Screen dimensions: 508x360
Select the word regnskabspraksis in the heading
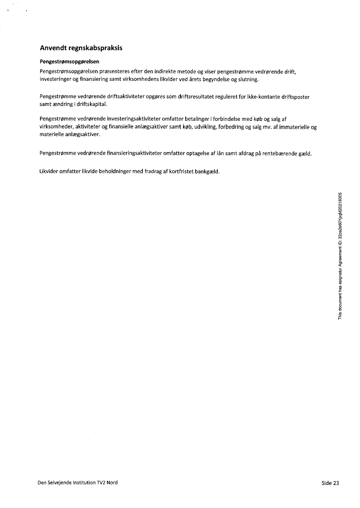(x=97, y=48)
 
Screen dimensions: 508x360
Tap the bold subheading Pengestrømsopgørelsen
(x=70, y=62)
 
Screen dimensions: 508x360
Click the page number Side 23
(x=330, y=483)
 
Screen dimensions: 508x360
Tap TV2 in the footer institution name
(x=100, y=483)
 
